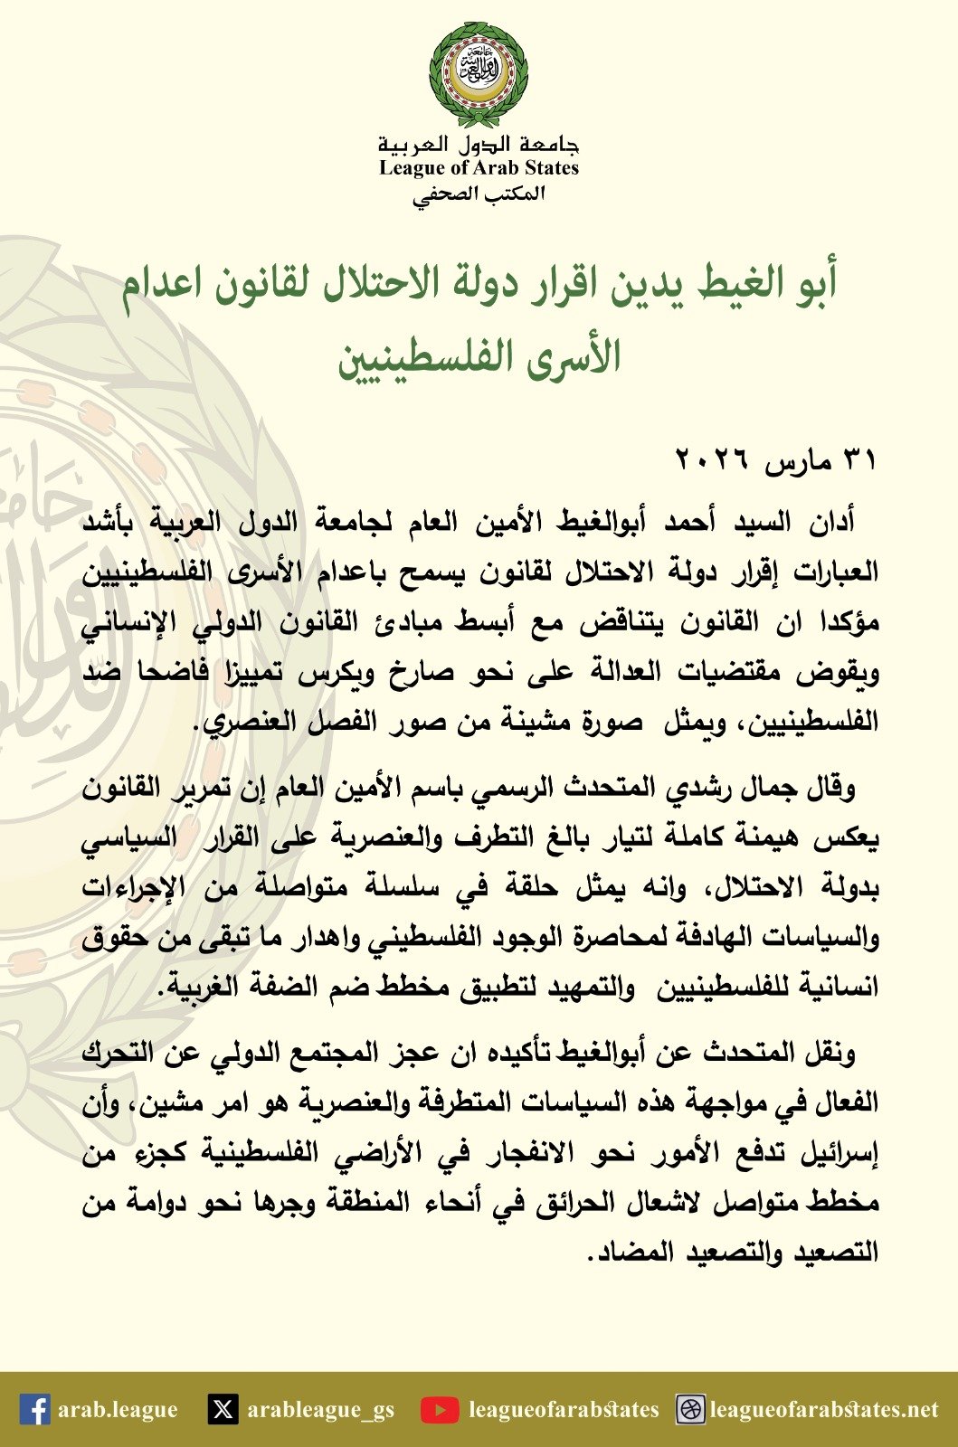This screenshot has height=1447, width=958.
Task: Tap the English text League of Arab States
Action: point(479,167)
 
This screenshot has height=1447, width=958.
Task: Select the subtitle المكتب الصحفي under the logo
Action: point(479,194)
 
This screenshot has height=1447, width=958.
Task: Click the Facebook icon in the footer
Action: point(34,1409)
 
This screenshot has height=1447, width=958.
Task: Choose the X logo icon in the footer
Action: point(223,1409)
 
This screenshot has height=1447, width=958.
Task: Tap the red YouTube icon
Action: point(440,1409)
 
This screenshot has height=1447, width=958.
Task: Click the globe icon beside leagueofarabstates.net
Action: point(690,1409)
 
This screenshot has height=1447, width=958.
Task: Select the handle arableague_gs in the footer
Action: point(321,1409)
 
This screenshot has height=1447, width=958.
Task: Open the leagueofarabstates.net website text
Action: point(824,1409)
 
